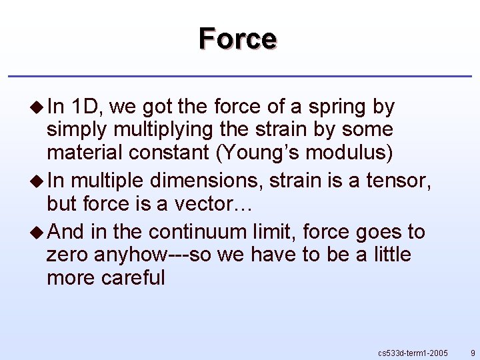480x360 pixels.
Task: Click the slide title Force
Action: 237,39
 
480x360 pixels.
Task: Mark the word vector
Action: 211,203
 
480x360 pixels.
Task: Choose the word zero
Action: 69,255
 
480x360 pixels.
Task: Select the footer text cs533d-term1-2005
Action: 413,352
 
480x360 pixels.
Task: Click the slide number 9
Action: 472,352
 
